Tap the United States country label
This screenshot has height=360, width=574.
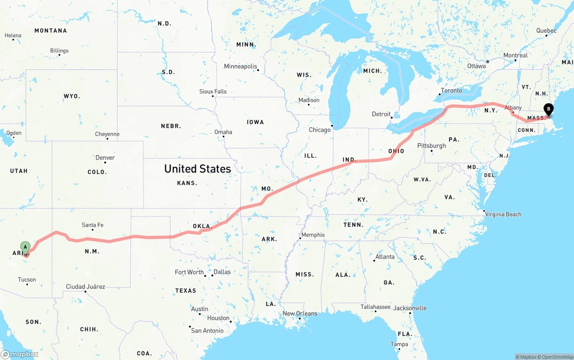click(197, 169)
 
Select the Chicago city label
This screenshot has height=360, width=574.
click(319, 130)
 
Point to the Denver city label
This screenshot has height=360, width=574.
click(105, 158)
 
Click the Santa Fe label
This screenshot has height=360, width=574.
click(92, 225)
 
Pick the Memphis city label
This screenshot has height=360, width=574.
click(313, 235)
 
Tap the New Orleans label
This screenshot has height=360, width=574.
click(300, 313)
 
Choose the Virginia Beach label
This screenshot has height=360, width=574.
click(504, 214)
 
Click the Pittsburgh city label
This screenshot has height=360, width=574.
click(431, 146)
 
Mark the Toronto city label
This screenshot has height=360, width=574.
click(451, 91)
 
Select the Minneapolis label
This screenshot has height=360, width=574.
click(240, 66)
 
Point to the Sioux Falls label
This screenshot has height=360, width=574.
click(213, 91)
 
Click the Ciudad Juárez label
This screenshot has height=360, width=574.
click(85, 286)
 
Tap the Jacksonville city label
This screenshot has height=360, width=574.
click(410, 308)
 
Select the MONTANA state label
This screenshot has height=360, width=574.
click(51, 30)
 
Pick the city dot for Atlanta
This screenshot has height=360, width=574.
click(374, 260)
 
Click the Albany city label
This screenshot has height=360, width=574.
click(513, 108)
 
